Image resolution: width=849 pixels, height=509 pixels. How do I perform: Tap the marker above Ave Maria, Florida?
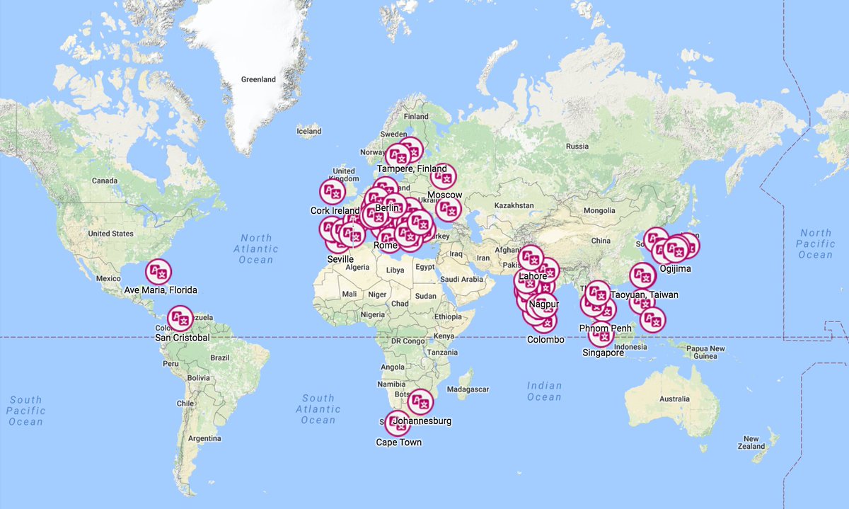158,272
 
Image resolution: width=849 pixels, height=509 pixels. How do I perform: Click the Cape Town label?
398,442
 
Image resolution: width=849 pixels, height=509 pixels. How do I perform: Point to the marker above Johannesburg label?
420,402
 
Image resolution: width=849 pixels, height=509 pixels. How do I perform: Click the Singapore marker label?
603,353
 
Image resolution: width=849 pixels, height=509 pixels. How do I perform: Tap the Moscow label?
445,195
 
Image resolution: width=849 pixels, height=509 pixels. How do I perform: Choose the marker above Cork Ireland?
332,191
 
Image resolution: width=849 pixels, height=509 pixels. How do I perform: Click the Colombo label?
545,340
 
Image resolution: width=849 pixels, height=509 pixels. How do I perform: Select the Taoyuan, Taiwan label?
645,294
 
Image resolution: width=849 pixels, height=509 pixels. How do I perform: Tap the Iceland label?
308,131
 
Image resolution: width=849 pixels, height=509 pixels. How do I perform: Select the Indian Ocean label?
544,391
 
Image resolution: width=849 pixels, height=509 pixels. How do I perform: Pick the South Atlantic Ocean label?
318,409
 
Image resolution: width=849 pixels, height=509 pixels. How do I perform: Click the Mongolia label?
599,211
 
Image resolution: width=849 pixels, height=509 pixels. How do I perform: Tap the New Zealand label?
751,442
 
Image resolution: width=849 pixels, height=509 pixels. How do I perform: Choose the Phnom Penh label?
605,328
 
